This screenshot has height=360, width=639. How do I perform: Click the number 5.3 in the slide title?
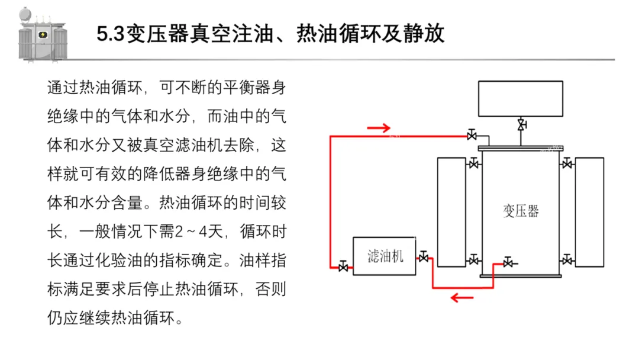[x=110, y=34]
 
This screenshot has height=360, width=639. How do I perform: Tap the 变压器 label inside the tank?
[x=521, y=211]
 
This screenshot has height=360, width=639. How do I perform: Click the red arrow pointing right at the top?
[x=379, y=127]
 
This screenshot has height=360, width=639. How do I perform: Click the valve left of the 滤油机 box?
[x=343, y=267]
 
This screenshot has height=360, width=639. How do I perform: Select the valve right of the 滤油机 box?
[x=424, y=257]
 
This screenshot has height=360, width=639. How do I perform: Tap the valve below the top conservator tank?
[x=521, y=125]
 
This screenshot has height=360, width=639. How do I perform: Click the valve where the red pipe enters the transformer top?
[x=472, y=136]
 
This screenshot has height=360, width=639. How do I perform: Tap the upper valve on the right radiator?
[x=567, y=163]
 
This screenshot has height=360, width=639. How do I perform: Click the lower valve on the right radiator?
[x=567, y=259]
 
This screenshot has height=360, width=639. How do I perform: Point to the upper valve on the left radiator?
[x=473, y=163]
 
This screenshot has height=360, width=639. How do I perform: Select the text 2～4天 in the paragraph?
[x=198, y=232]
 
